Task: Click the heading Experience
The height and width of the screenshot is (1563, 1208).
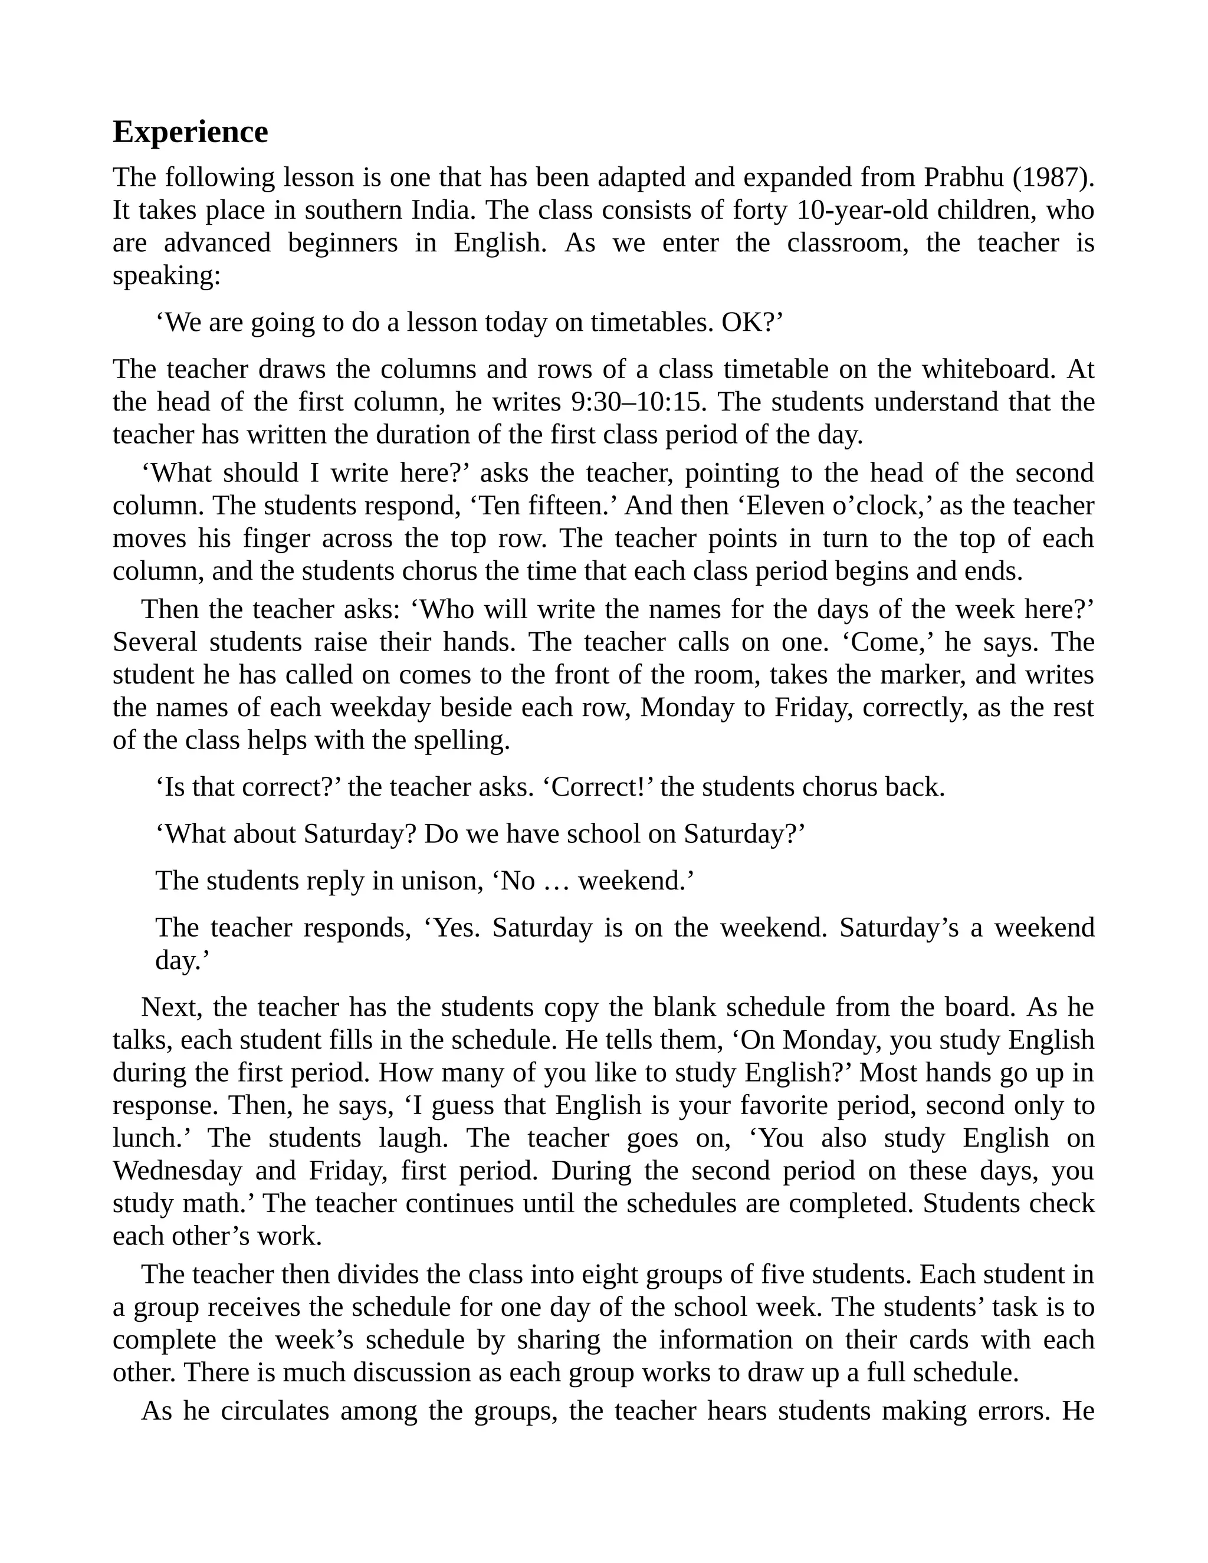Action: (x=191, y=132)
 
